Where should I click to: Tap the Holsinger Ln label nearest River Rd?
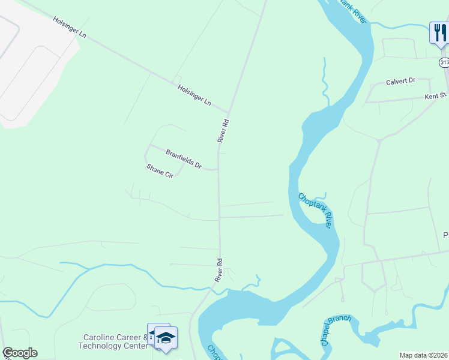coord(194,95)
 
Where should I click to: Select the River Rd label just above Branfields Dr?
coord(223,130)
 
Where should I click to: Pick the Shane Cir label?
coord(160,171)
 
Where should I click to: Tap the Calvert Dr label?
coord(400,82)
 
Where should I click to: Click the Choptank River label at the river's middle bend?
coord(315,209)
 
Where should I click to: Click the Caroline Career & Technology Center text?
coord(113,341)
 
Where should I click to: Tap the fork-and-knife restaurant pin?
coord(439,32)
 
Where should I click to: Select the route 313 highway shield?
coord(444,62)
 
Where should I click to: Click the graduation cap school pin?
coord(166,337)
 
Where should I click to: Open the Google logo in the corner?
coord(20,353)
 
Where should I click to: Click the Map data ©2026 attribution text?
coord(423,355)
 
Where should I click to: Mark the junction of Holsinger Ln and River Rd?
coord(229,112)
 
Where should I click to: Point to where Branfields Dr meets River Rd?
coord(218,170)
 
